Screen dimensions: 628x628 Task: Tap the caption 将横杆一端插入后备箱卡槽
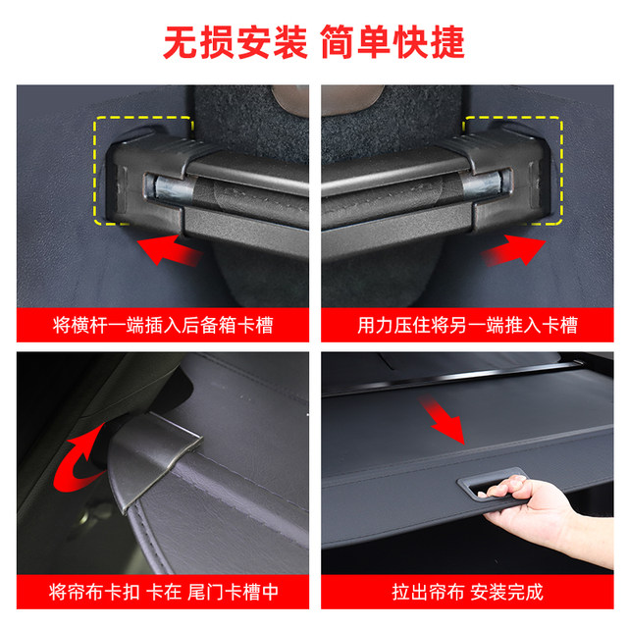(162, 324)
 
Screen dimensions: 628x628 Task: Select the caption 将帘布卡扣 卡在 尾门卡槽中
(162, 592)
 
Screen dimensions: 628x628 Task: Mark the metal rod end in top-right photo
(484, 185)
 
